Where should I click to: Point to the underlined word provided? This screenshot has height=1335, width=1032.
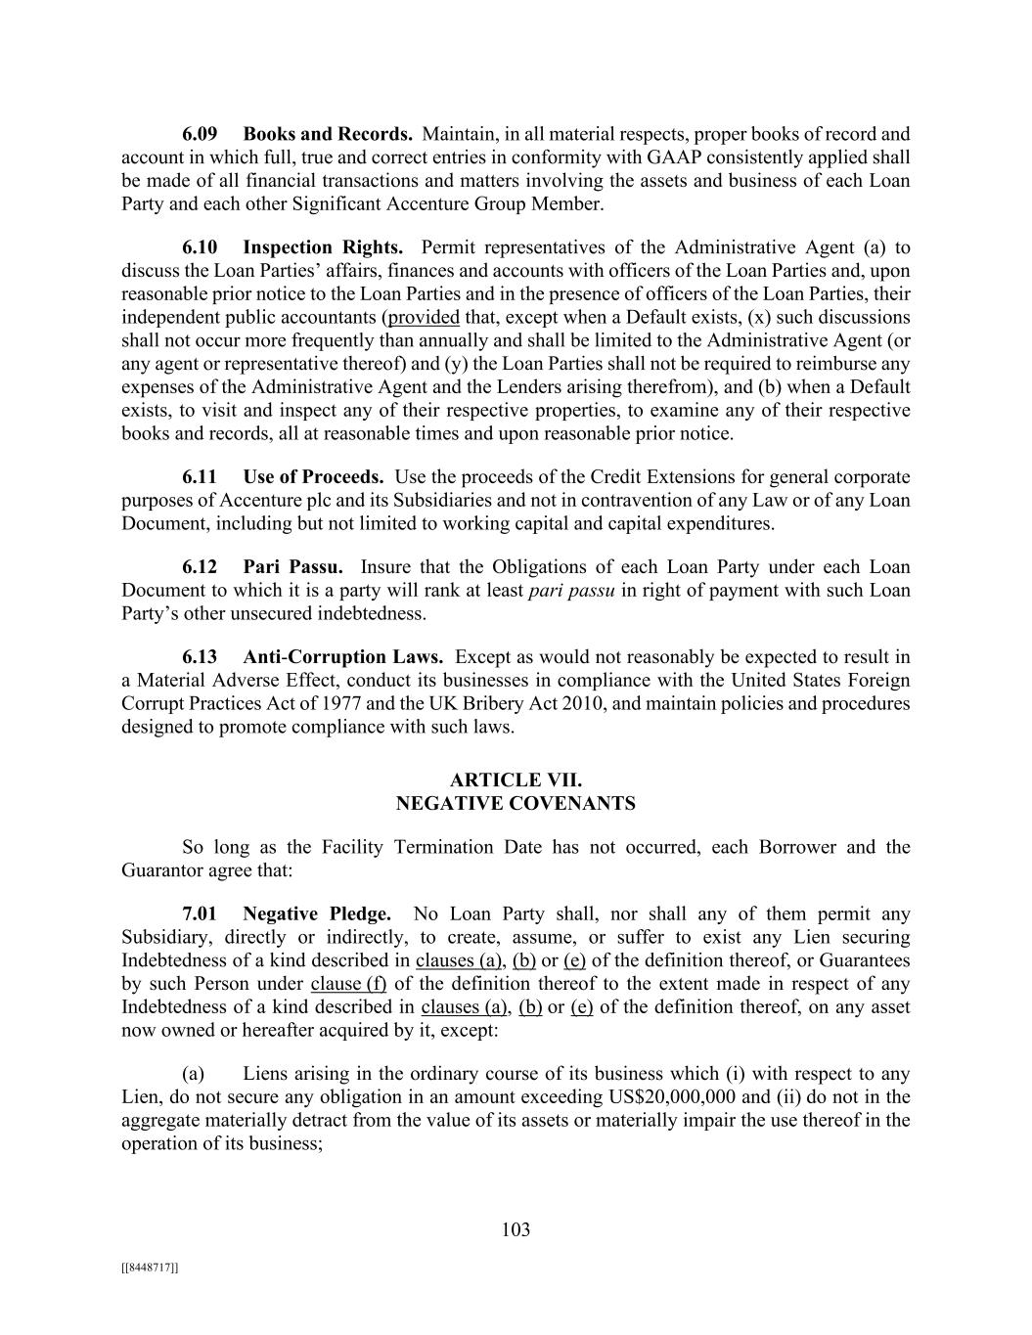[x=424, y=318]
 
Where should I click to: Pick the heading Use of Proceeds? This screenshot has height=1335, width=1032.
[x=313, y=477]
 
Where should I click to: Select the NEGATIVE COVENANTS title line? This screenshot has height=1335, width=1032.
[x=516, y=804]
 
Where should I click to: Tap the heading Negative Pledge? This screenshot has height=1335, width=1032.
[x=317, y=914]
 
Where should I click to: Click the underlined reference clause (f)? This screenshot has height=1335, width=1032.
[x=348, y=984]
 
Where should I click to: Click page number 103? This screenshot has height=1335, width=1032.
[x=516, y=1230]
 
